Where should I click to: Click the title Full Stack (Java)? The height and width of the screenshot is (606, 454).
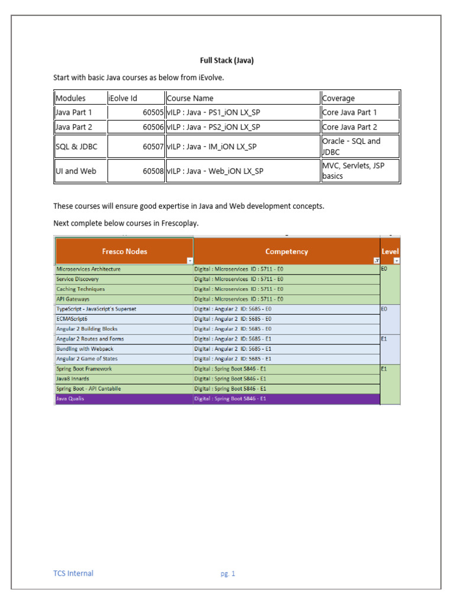tap(227, 60)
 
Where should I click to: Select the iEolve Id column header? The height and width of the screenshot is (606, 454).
tap(123, 98)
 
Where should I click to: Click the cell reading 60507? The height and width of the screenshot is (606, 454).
tap(153, 147)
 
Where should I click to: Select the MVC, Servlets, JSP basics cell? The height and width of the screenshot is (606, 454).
tap(354, 170)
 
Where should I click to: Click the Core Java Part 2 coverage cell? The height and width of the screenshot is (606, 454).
tap(349, 127)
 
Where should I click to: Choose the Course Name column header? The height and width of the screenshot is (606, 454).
tap(190, 98)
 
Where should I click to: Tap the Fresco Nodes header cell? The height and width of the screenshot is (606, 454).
tap(124, 252)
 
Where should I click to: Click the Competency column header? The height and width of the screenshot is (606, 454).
tap(287, 252)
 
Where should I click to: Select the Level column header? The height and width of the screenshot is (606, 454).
tap(390, 252)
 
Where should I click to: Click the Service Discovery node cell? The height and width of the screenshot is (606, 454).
tap(77, 279)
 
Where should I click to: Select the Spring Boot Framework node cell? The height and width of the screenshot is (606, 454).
tap(84, 369)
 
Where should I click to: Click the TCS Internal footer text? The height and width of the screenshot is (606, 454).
tap(73, 573)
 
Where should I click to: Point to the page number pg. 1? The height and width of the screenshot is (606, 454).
tap(228, 573)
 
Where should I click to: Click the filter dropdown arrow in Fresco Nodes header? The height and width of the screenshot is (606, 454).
tap(189, 260)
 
